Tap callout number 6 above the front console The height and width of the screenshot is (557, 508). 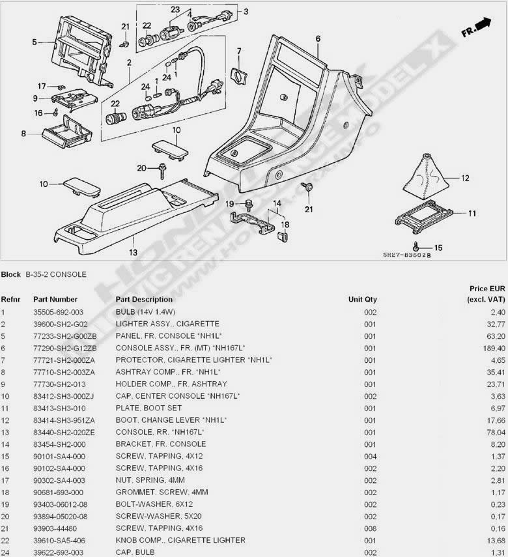point(318,39)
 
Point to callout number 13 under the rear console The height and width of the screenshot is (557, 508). point(133,252)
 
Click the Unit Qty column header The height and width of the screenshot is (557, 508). point(362,300)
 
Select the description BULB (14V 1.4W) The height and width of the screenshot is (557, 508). point(146,312)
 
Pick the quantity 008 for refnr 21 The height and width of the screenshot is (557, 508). point(370,528)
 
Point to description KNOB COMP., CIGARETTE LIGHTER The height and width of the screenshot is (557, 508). point(180,540)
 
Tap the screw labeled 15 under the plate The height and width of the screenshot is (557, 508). point(417,248)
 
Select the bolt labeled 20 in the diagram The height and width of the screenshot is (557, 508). point(160,171)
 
